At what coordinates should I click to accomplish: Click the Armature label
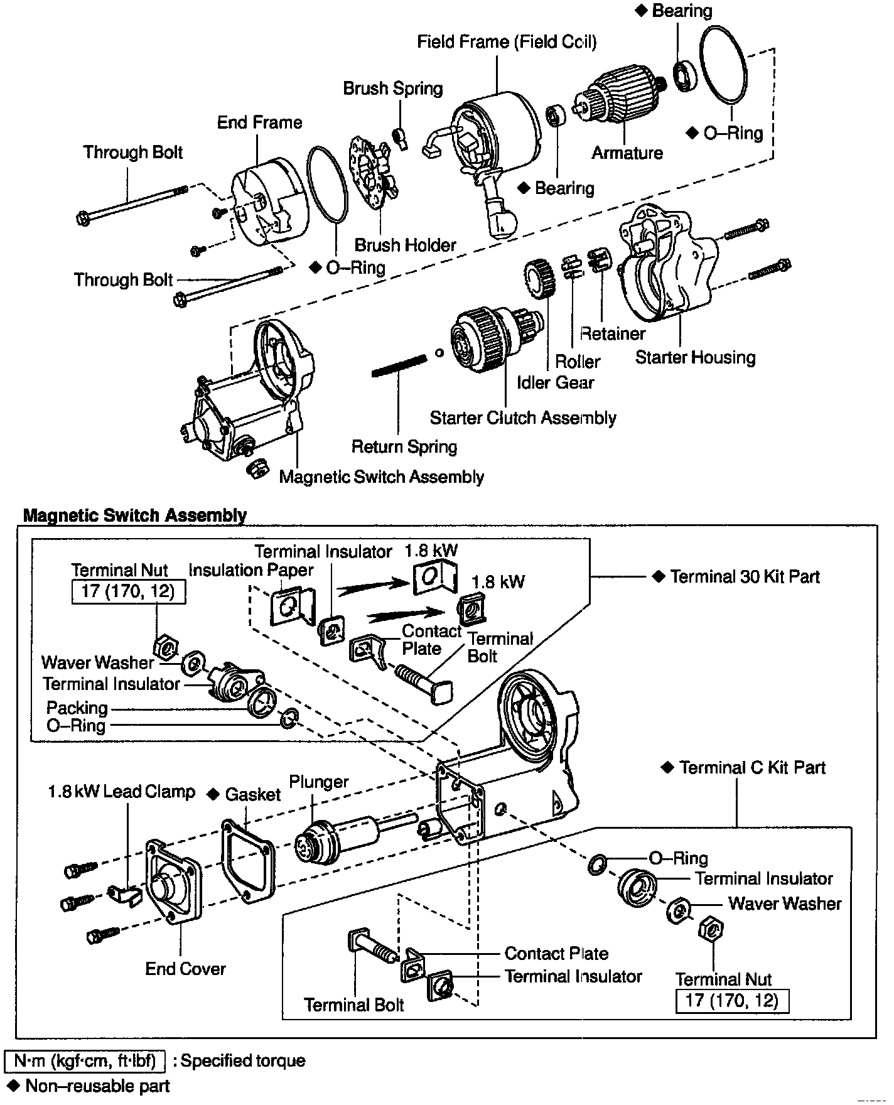[627, 153]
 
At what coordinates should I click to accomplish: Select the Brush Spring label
[392, 89]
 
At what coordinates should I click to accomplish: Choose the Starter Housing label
[695, 357]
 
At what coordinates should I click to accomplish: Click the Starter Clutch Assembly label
[522, 418]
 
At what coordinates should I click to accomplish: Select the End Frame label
[259, 122]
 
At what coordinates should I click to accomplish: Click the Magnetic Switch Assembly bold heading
[134, 515]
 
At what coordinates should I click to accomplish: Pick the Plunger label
[318, 782]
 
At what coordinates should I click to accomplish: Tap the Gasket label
[252, 794]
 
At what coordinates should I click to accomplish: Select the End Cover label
[185, 969]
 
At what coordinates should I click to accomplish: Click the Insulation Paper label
[251, 570]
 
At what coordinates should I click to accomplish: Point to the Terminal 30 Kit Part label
[745, 576]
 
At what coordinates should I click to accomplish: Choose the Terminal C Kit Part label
[752, 767]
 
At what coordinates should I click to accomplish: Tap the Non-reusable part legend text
[97, 1086]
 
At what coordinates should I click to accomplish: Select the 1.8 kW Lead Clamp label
[121, 792]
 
